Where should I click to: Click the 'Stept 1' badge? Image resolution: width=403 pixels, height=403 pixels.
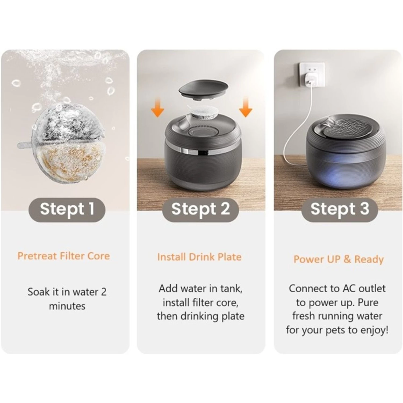tap(67, 210)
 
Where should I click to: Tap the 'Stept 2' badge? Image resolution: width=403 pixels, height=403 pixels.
tap(200, 210)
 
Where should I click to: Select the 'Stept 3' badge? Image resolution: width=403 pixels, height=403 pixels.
tap(340, 210)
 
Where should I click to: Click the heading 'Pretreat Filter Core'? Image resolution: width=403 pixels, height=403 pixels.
tap(64, 256)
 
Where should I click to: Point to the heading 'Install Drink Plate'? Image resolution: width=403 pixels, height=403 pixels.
tap(199, 257)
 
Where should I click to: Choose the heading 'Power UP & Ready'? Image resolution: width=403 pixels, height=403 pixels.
tap(339, 259)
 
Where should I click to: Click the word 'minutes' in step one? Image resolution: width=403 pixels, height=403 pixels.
tap(67, 306)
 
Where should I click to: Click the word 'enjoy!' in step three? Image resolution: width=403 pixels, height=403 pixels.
tap(374, 330)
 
